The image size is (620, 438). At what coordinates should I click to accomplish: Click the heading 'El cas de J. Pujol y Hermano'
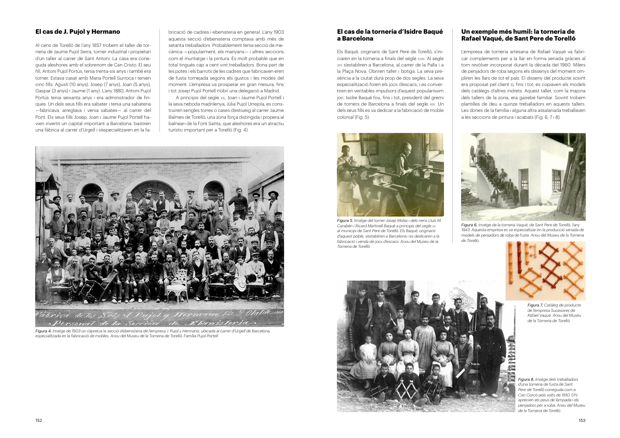point(77,32)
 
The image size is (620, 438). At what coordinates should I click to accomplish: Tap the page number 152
point(39,420)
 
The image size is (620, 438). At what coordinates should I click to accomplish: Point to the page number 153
point(581,420)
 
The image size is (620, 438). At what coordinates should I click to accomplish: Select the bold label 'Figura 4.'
point(44,331)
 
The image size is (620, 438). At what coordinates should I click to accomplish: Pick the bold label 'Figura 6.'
point(470,225)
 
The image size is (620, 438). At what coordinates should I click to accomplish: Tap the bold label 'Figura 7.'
point(535,305)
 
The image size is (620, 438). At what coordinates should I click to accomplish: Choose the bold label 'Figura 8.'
point(526,379)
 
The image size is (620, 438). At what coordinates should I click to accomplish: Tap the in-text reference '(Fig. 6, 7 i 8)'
point(546,117)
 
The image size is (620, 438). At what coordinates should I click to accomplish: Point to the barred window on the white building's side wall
point(556,180)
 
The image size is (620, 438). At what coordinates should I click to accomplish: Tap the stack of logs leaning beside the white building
point(573,181)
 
